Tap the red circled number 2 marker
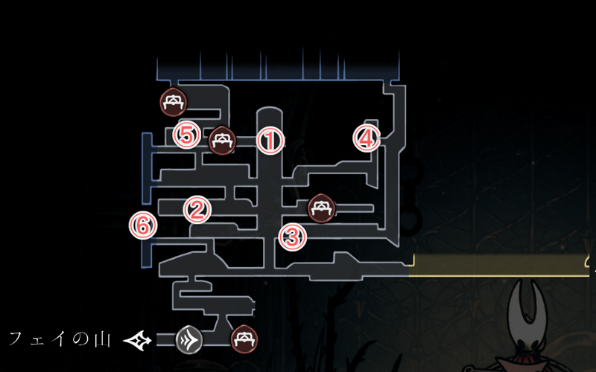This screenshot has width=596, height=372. coord(197,209)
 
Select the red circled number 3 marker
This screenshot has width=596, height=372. coord(292,237)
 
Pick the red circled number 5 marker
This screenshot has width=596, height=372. coord(186,135)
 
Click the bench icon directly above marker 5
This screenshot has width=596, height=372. coord(173,101)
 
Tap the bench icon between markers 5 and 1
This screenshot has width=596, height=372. coord(222,140)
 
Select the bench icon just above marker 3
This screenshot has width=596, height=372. coord(322,208)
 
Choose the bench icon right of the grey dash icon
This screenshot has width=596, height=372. coord(244,339)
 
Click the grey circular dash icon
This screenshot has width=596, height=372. coord(189,340)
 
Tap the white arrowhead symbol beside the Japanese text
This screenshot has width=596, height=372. coord(139,340)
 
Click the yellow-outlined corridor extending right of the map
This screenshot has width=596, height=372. coord(499,265)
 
